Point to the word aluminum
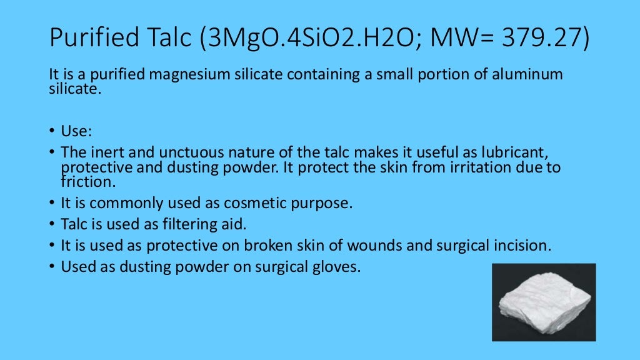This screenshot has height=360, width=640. [x=532, y=75]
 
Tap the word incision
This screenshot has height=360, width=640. [x=524, y=246]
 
